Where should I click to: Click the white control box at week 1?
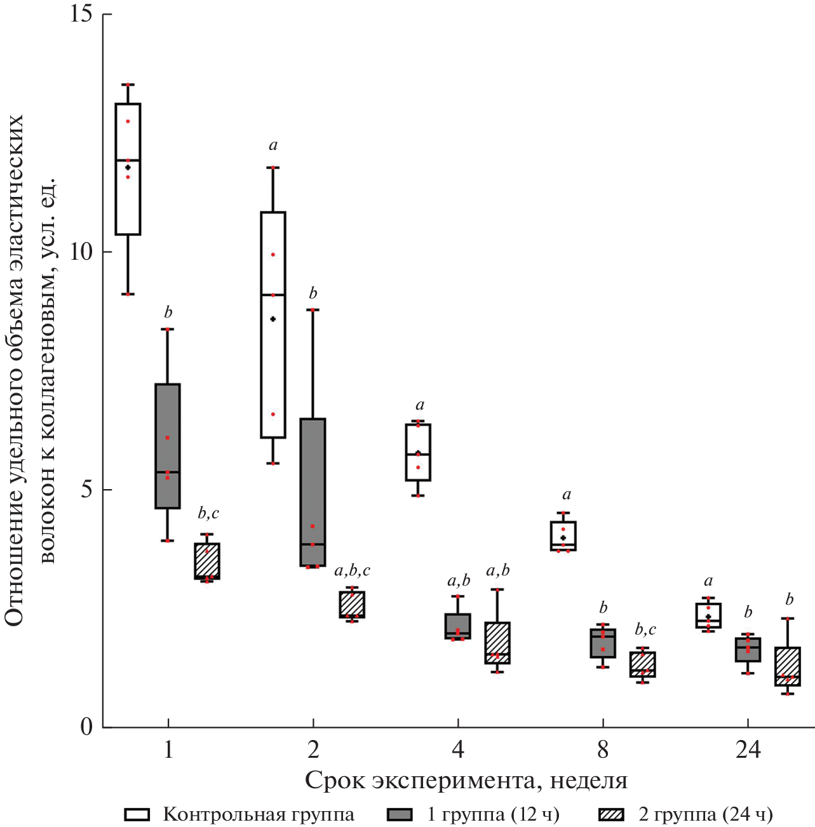[x=128, y=169]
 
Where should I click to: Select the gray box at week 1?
[x=168, y=446]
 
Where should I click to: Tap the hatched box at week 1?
[x=207, y=560]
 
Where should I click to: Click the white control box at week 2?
[x=273, y=325]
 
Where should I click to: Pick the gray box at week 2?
[x=313, y=492]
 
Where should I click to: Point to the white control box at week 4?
[x=418, y=452]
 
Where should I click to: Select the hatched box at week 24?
[x=788, y=666]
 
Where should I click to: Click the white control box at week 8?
[x=563, y=536]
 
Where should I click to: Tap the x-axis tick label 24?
[x=748, y=750]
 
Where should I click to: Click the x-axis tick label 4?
[x=458, y=750]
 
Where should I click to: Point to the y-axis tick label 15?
[x=81, y=14]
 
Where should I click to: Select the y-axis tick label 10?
[x=81, y=252]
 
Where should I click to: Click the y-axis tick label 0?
[x=87, y=727]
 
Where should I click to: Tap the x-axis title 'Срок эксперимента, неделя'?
[x=466, y=781]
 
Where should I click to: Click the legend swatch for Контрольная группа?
[x=137, y=814]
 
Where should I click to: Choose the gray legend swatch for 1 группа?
[x=400, y=814]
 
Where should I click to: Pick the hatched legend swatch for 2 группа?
[x=612, y=814]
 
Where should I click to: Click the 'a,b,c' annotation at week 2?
[x=352, y=570]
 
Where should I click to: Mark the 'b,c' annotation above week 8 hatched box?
[x=645, y=629]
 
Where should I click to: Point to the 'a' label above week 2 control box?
[x=273, y=145]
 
